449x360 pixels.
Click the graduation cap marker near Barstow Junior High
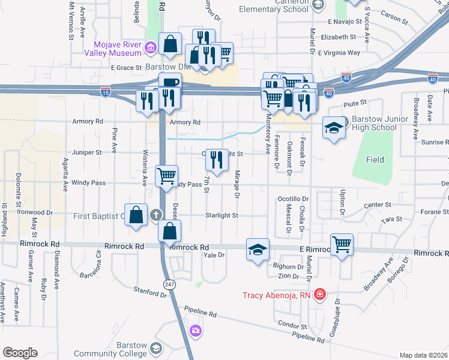(x=334, y=128)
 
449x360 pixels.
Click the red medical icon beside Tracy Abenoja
(x=320, y=294)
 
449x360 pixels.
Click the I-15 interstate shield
(x=106, y=91)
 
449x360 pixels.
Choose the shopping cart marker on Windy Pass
(x=167, y=176)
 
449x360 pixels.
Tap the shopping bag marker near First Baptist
(x=137, y=214)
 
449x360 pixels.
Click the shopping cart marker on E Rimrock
(x=342, y=244)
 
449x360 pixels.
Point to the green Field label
(x=375, y=160)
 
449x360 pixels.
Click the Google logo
(x=20, y=352)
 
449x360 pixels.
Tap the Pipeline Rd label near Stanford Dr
(x=200, y=313)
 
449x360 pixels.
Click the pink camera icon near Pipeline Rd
(x=196, y=331)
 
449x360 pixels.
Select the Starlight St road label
(x=223, y=215)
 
